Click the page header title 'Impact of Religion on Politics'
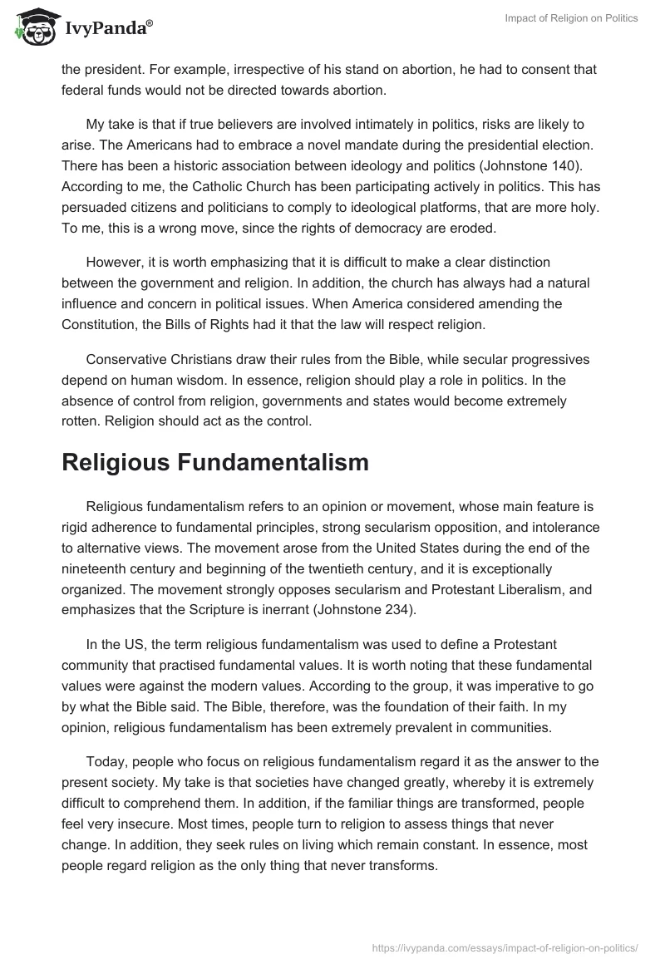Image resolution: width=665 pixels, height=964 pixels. (571, 19)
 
